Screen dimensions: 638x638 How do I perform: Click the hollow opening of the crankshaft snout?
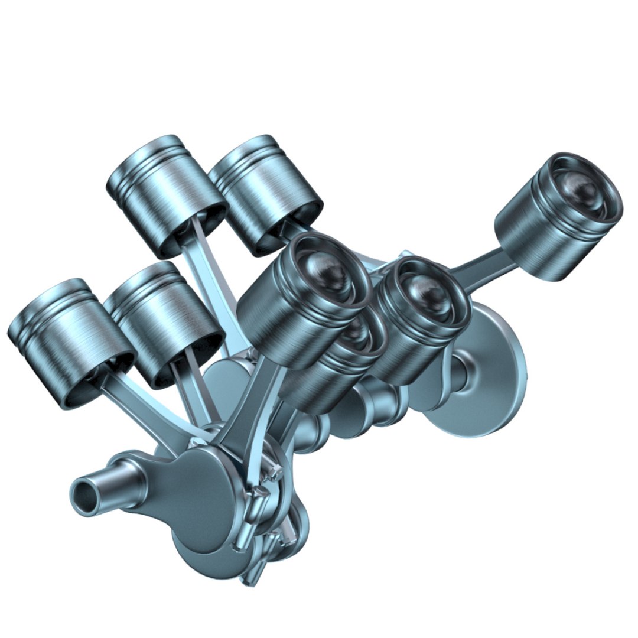coord(84,495)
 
